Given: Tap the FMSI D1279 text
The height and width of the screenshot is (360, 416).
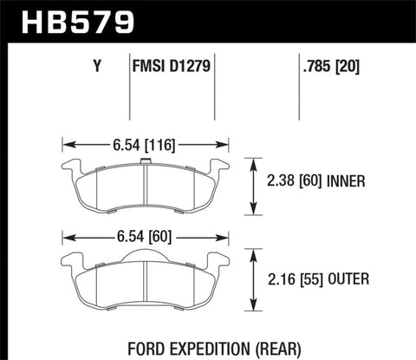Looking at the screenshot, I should (x=173, y=65).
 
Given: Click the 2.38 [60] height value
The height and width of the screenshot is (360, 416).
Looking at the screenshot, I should (x=291, y=182).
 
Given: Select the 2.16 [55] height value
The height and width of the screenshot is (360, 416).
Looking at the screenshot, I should (x=291, y=279).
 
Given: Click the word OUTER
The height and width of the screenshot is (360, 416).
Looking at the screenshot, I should (x=346, y=279).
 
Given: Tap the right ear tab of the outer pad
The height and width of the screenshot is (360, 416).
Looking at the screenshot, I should (x=218, y=264).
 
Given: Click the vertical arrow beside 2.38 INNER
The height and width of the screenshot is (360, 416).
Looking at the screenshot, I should (x=252, y=186).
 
